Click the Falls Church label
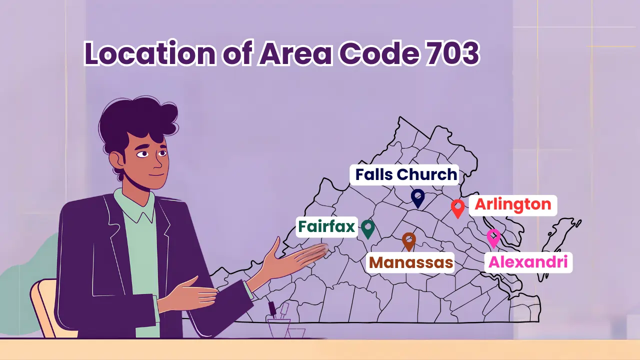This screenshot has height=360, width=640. [x=406, y=174]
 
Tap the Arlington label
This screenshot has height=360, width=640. [x=512, y=204]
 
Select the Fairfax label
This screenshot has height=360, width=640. [x=326, y=226]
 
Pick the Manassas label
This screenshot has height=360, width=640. [x=411, y=262]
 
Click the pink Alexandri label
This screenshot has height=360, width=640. [x=528, y=262]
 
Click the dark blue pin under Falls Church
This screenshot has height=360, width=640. [x=417, y=197]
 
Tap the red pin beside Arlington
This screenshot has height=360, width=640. [x=457, y=208]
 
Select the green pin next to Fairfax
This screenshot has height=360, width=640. [x=368, y=228]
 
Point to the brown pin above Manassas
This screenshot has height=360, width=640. [x=409, y=241]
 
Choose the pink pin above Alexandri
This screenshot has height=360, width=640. [x=493, y=237]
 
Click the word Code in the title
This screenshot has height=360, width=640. [x=373, y=54]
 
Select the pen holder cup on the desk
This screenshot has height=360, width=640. [x=280, y=325]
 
